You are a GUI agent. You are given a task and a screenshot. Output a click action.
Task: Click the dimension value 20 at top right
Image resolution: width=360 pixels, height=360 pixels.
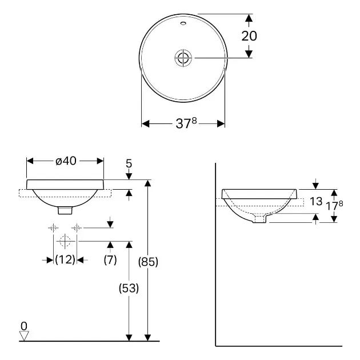point(249,35)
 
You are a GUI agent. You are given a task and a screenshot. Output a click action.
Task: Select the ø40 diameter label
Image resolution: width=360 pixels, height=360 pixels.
point(66,161)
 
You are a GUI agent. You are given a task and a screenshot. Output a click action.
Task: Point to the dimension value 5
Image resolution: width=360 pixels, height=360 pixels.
point(129,164)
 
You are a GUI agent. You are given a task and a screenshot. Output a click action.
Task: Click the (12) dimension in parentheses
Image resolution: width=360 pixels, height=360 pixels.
point(65,259)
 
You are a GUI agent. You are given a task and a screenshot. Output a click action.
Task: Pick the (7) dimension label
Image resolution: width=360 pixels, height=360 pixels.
point(110,259)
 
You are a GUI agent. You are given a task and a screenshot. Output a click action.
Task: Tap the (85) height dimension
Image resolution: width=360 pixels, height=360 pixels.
point(147,262)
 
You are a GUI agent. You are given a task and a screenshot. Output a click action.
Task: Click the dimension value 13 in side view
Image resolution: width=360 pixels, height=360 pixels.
point(316,201)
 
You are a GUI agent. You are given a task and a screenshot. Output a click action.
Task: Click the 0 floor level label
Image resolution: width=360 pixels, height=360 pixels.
point(23,326)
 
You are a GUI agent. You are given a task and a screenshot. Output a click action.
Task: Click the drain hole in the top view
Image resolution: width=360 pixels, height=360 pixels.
point(183,58)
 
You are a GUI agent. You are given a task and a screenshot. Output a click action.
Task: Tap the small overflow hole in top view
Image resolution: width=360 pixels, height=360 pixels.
point(183,25)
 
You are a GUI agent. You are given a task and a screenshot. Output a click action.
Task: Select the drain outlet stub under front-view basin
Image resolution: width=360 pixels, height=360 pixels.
point(66,210)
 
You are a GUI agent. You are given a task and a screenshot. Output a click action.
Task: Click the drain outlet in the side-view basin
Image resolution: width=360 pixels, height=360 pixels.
point(260,218)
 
